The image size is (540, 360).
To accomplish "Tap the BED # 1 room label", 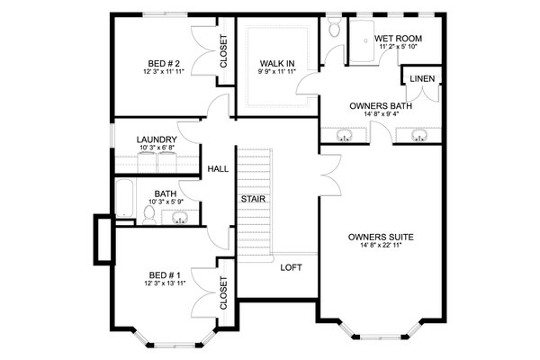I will click(x=164, y=275).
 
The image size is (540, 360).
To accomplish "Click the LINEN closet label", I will click(x=422, y=79).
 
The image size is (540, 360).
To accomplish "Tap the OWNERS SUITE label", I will click(x=381, y=238).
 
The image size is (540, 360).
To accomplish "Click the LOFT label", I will click(x=291, y=267).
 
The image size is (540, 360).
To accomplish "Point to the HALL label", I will click(x=217, y=168).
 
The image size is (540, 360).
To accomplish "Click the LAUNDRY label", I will click(x=156, y=139).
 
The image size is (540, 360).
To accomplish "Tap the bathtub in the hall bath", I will click(x=124, y=202).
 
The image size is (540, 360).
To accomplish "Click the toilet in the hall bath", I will click(x=148, y=214).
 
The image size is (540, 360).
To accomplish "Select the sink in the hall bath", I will click(x=180, y=217).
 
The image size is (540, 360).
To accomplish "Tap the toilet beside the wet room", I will click(x=335, y=29).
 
